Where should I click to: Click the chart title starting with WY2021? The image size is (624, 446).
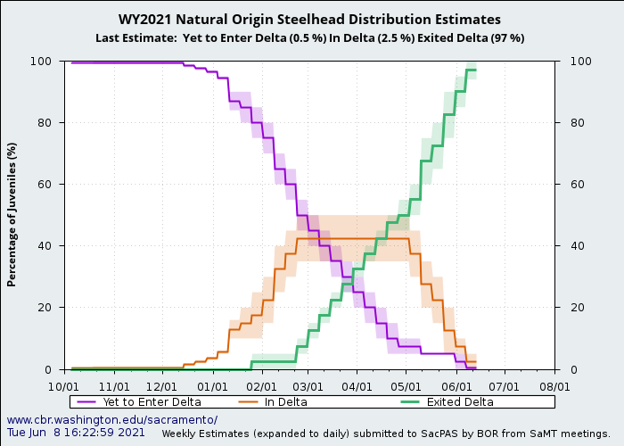[309, 20]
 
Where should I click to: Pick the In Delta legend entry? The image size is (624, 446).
[285, 402]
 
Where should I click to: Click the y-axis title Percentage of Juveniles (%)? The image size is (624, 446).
[12, 214]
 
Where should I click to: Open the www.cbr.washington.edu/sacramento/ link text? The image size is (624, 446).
[111, 420]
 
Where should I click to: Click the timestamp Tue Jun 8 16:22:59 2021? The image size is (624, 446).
[76, 433]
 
